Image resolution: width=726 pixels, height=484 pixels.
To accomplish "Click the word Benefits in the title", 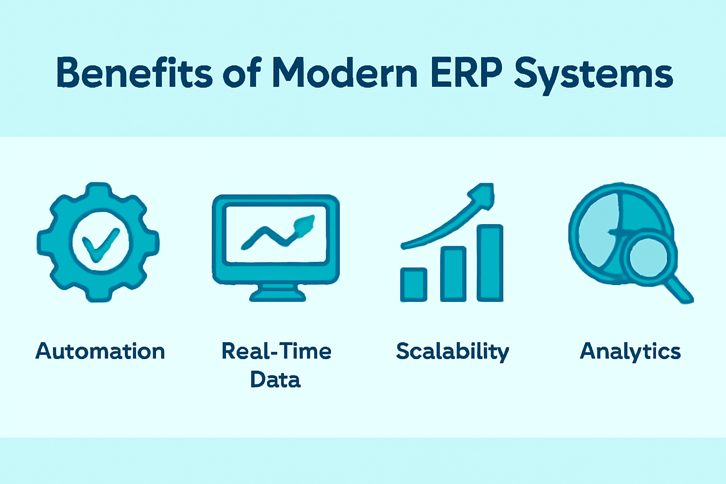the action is coord(134,73).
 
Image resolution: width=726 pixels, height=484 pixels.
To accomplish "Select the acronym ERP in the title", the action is coord(467,73).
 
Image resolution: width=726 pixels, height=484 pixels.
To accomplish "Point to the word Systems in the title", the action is coord(594,77).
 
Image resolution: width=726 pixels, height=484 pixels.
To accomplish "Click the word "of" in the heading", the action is coord(242,73).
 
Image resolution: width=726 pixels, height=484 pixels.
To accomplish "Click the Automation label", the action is coord(100,351).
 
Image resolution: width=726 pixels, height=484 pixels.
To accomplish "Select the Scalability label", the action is coord(452,352).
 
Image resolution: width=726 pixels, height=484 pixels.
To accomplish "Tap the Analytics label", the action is coord(630,352).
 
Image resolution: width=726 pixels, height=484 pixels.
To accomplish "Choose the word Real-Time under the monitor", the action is coord(276,351).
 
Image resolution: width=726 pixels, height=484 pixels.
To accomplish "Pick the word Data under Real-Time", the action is coord(276,379).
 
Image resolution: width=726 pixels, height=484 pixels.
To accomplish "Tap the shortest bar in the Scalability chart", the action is coord(414,285).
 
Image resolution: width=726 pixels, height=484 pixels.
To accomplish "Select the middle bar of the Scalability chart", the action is coord(453,274).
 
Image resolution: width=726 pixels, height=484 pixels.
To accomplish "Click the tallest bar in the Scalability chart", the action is coord(490,263).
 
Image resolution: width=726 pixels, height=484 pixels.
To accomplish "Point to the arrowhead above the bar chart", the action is coord(482,195).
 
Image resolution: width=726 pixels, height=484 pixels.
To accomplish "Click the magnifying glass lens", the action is coord(648,258).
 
